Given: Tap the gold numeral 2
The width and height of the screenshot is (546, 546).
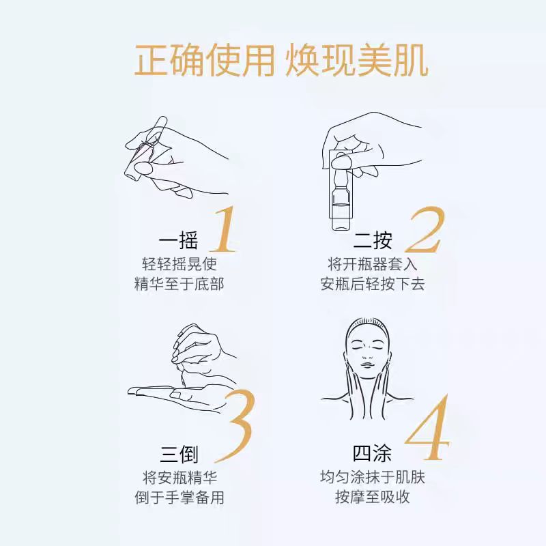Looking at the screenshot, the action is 425,229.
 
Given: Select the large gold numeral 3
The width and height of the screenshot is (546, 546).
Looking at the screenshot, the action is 234,426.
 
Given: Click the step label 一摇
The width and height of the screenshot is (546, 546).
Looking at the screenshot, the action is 178,240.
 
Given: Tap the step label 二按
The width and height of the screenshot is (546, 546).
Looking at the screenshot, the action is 372,240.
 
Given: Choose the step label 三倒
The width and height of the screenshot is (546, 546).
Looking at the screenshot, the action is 179,454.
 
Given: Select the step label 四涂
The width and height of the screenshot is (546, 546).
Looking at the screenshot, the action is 372,453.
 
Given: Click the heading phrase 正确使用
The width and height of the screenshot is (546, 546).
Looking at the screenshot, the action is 205,61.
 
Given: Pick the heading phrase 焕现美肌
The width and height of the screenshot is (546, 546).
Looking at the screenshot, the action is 357,61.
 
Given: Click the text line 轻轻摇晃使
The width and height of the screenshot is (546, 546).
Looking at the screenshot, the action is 179,264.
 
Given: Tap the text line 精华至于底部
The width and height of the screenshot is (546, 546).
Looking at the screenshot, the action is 179,284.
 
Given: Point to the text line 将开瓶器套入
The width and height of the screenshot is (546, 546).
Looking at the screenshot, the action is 373,264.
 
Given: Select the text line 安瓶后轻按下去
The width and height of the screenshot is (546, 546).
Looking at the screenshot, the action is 373,284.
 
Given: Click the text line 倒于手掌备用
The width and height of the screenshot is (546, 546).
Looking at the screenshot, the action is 179,498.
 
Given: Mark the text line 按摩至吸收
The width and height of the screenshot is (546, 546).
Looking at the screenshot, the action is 373,497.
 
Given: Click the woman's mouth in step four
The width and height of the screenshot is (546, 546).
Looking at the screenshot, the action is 367,365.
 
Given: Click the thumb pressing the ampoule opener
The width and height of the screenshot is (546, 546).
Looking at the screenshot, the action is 342,162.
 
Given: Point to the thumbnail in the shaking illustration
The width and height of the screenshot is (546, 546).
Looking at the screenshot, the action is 143,168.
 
